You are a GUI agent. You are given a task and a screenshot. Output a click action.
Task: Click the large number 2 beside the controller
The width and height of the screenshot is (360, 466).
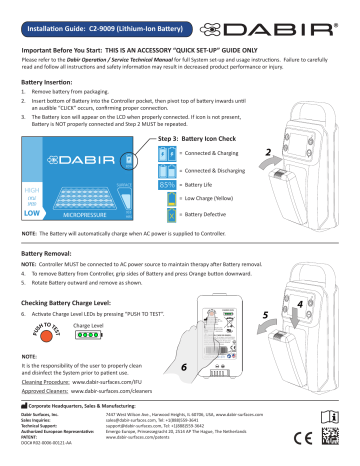(x=270, y=157)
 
